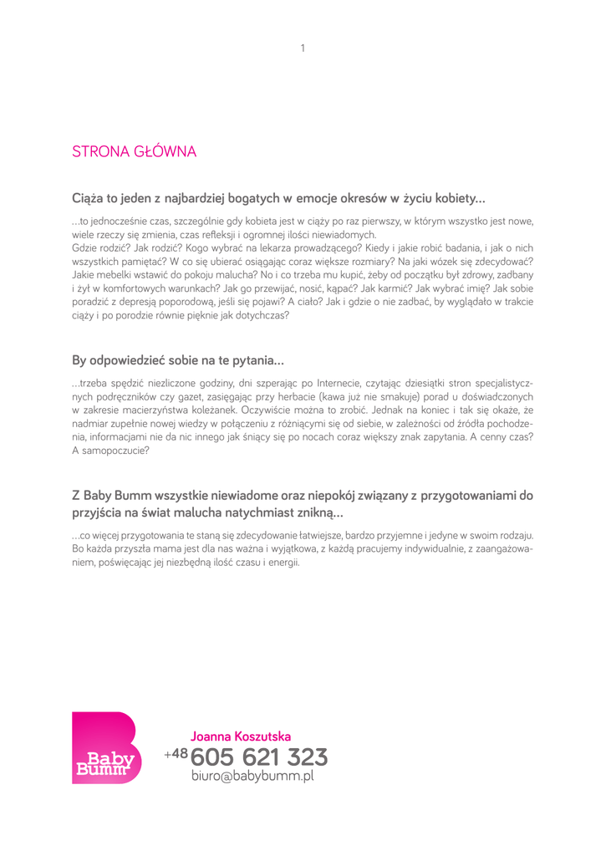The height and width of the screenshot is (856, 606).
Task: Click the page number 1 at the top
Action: click(x=303, y=48)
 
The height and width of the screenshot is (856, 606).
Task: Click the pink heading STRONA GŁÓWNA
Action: click(x=134, y=152)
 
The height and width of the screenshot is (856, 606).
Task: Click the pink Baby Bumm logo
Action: click(x=104, y=747)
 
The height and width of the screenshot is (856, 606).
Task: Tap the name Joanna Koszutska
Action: click(x=241, y=736)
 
